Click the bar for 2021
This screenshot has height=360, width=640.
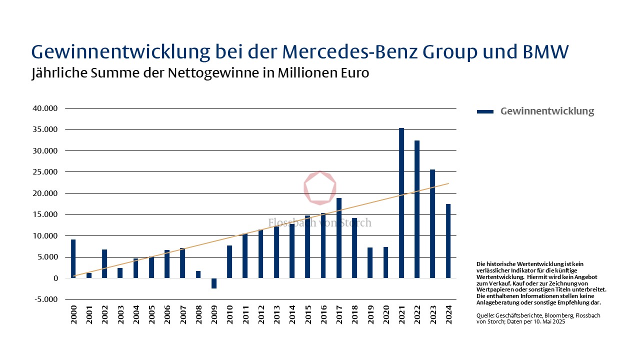tap(401, 203)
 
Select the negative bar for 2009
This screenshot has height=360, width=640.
tap(214, 283)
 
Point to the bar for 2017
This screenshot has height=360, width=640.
tap(339, 238)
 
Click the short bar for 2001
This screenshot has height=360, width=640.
tap(89, 275)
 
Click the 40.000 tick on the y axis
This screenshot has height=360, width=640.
tap(44, 108)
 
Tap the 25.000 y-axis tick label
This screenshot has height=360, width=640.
tap(44, 172)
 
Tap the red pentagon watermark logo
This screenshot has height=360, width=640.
tap(320, 187)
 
